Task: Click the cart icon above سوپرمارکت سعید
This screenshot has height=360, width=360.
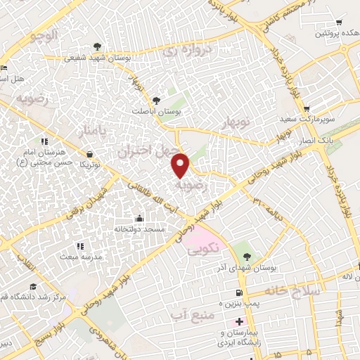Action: (x=307, y=108)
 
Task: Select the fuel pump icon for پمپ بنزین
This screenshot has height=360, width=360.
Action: (x=240, y=292)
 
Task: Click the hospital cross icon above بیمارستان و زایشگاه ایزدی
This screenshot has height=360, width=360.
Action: (x=239, y=321)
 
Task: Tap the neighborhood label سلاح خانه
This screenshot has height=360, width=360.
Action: (x=292, y=290)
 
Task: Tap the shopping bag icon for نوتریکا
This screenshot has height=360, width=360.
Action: (x=89, y=154)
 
